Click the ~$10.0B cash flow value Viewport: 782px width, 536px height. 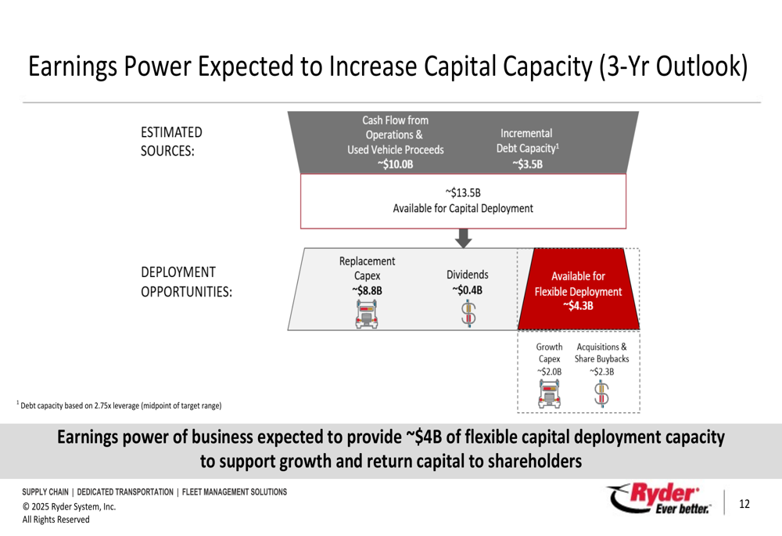(396, 164)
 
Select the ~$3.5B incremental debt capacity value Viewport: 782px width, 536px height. (527, 164)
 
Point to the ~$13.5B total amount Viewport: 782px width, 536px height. (463, 192)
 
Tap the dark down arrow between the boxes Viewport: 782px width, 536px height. (463, 238)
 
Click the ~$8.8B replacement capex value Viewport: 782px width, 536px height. (367, 290)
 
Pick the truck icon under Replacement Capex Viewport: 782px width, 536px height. (367, 315)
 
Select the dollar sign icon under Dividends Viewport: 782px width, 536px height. (468, 314)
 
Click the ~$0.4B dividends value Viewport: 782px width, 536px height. (468, 290)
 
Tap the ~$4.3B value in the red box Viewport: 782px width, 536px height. (578, 305)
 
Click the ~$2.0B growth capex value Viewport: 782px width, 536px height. (549, 372)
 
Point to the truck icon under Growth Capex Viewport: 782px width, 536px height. (549, 394)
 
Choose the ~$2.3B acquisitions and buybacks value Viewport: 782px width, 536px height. (601, 372)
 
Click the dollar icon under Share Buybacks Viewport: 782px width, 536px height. (601, 394)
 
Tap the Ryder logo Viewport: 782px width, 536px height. (658, 498)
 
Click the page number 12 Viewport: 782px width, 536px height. (744, 504)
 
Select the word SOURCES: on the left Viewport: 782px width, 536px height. (167, 151)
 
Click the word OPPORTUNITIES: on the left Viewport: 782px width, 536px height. (187, 291)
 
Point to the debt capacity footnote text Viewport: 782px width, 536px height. (119, 405)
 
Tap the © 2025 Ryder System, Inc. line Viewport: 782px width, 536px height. (69, 506)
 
